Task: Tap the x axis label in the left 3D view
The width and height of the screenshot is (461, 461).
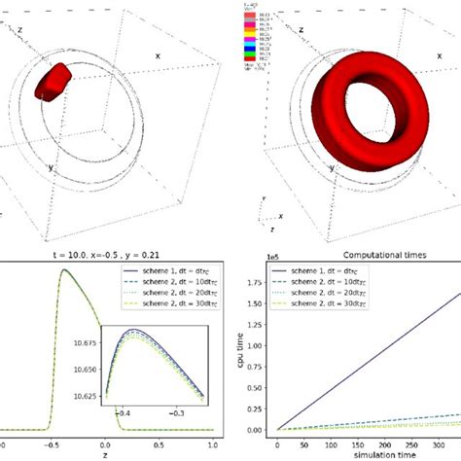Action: coord(157,56)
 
